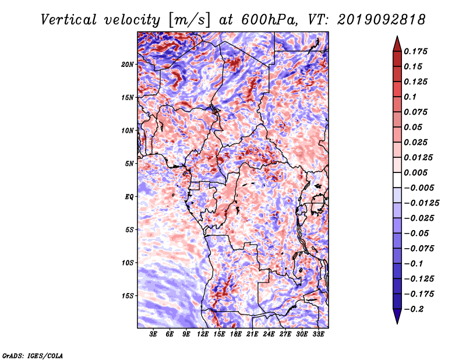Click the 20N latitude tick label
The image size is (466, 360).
(128, 65)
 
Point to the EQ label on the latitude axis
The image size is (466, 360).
(129, 197)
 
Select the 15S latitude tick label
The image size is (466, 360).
(128, 296)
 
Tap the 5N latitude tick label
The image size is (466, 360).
(129, 164)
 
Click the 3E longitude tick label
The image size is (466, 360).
(153, 334)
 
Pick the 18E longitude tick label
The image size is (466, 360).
(236, 334)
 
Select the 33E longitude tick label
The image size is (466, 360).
(318, 334)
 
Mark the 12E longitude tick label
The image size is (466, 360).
(203, 334)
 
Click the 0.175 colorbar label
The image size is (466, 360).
(415, 51)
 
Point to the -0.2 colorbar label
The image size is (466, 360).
(414, 309)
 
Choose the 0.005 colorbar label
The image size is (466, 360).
(415, 172)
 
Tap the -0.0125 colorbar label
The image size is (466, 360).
(421, 203)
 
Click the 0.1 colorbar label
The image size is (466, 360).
(410, 97)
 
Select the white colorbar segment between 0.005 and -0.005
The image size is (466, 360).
(397, 180)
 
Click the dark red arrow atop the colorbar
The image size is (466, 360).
(397, 44)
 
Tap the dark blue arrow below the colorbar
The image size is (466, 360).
(397, 316)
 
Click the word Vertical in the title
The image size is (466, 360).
(68, 20)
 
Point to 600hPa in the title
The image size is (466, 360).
(269, 20)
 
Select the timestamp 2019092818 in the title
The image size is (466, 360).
(382, 20)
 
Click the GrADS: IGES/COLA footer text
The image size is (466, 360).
(33, 355)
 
